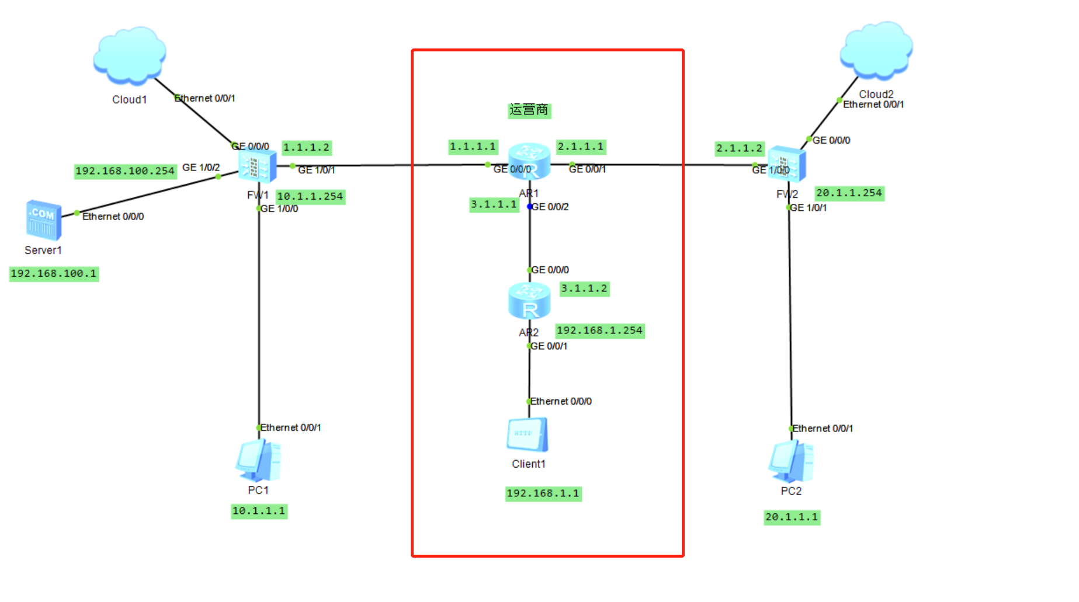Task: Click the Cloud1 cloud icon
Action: pyautogui.click(x=130, y=55)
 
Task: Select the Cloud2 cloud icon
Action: pyautogui.click(x=876, y=50)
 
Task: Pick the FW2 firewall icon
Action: pyautogui.click(x=786, y=164)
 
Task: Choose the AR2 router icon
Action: pyautogui.click(x=529, y=300)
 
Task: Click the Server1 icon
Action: pyautogui.click(x=43, y=220)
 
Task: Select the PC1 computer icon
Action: pyautogui.click(x=258, y=461)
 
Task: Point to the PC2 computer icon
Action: pyautogui.click(x=791, y=461)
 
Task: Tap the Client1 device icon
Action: pyautogui.click(x=528, y=434)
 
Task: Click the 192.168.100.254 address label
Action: pyautogui.click(x=125, y=171)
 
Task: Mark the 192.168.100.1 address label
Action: pyautogui.click(x=54, y=274)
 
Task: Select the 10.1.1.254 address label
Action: pyautogui.click(x=310, y=197)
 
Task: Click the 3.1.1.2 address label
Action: pyautogui.click(x=584, y=288)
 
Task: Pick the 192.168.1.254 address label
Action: pyautogui.click(x=599, y=330)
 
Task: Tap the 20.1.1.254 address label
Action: pyautogui.click(x=849, y=193)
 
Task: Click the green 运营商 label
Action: pyautogui.click(x=529, y=110)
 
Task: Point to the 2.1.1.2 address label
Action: pyautogui.click(x=740, y=148)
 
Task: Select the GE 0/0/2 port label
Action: pyautogui.click(x=550, y=207)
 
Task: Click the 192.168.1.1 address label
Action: pyautogui.click(x=543, y=493)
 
